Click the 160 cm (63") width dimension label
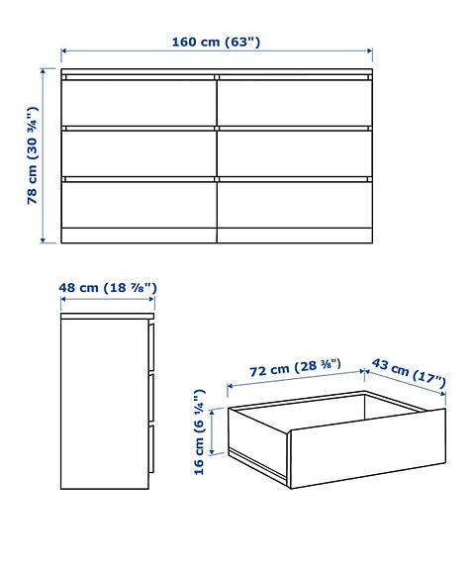216,42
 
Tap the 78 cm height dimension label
33,155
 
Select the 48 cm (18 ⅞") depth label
107,288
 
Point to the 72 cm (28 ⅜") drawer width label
295,371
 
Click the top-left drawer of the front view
139,102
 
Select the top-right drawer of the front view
294,102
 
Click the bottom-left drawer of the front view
139,204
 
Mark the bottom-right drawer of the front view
294,204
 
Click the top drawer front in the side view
151,345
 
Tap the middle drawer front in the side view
151,398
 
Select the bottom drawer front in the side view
151,449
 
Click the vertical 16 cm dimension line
216,431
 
